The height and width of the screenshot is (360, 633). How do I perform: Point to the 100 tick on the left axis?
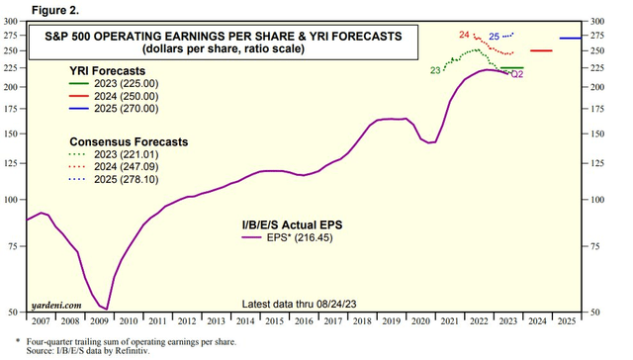coord(14,200)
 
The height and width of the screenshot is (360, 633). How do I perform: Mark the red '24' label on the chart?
coord(465,36)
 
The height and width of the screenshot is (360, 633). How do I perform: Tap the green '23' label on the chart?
coord(435,70)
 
